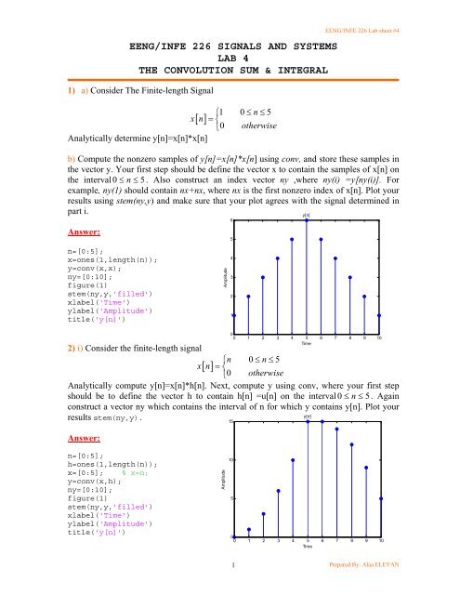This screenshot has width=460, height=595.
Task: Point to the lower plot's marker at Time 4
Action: [x=293, y=460]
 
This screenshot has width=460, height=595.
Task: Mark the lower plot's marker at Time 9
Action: [x=366, y=468]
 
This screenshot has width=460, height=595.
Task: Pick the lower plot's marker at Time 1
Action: [x=249, y=529]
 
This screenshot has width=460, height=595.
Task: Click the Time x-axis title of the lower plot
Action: [x=307, y=548]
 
